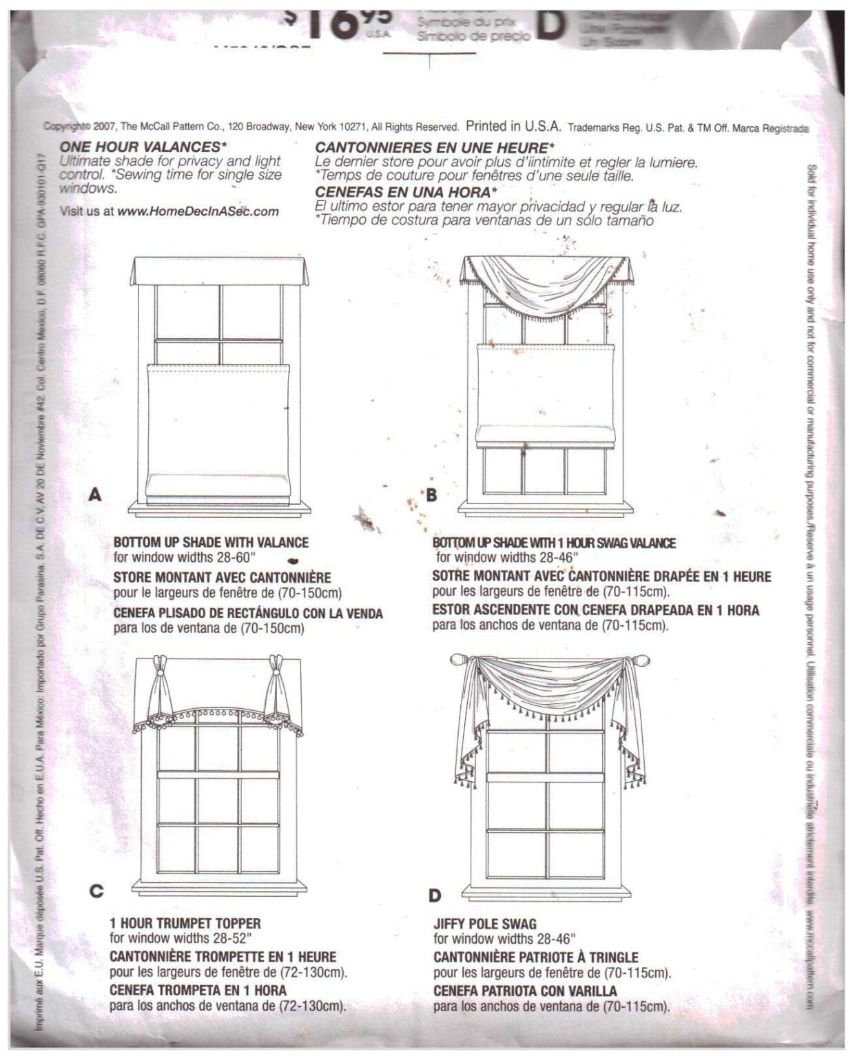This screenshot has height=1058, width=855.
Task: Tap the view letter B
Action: [432, 495]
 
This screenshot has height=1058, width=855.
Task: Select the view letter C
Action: [96, 891]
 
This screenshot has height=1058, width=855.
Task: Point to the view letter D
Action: [434, 895]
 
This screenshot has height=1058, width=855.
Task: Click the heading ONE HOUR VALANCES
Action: [143, 147]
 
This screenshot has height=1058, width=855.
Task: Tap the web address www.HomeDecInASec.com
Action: [198, 211]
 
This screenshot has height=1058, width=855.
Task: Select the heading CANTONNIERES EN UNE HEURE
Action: [435, 148]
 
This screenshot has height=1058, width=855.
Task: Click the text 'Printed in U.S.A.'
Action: [514, 127]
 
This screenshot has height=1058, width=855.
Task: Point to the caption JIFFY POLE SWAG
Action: [484, 924]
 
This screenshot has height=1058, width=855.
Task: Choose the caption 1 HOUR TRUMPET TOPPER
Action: [185, 923]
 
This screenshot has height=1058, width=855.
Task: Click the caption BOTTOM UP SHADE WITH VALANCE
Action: [211, 543]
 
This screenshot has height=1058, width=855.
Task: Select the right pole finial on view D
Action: [639, 660]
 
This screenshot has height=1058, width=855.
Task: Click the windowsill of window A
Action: [220, 508]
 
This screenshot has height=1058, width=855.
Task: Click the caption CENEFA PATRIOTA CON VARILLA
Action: [525, 990]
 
